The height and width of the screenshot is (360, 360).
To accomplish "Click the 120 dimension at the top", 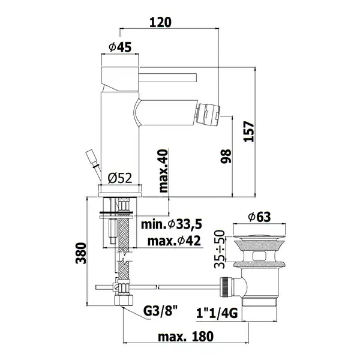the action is [x=160, y=22].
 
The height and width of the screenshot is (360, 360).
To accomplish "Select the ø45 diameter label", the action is [x=120, y=47].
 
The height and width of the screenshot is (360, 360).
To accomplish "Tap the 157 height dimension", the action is [x=249, y=131].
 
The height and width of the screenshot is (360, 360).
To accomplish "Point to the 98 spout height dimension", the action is [x=226, y=156].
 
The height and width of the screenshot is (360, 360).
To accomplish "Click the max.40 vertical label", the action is [x=163, y=171].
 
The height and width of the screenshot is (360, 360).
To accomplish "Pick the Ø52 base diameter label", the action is [x=120, y=178].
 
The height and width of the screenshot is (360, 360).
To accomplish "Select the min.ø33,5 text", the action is [x=172, y=224].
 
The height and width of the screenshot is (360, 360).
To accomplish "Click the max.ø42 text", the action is [x=174, y=241].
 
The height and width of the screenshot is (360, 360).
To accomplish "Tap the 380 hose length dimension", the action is [x=81, y=253].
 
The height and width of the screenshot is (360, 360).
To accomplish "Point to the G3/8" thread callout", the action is [x=160, y=311].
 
